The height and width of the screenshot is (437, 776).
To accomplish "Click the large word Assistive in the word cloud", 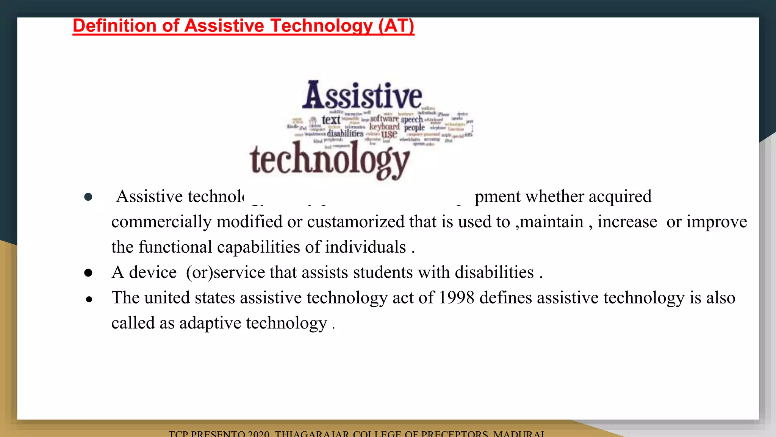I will click(x=362, y=96).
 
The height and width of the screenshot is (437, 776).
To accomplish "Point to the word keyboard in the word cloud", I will click(x=384, y=126).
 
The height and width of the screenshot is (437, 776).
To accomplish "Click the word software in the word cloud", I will click(x=384, y=119).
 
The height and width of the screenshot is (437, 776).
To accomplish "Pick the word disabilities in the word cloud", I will click(x=345, y=134).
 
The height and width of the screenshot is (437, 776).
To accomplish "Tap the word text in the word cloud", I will click(x=331, y=120).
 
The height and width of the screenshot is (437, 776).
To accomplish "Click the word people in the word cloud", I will click(x=414, y=128).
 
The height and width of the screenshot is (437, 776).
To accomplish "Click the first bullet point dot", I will click(x=88, y=196).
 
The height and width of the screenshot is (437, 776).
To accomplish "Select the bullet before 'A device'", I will click(x=88, y=273).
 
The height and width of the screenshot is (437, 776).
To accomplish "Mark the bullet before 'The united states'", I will click(x=89, y=299).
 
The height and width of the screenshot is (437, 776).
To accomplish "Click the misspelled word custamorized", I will click(x=355, y=222).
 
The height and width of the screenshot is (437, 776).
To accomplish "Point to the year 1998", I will click(x=456, y=298).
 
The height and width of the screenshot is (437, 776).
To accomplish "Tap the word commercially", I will click(x=161, y=222).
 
